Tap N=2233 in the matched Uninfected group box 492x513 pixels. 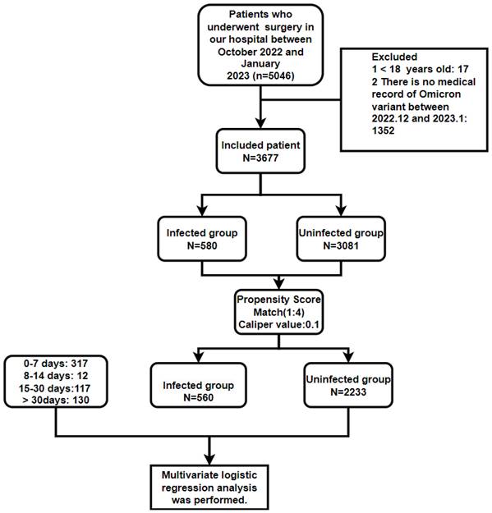[x=350, y=392]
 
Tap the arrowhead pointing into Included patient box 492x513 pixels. [x=260, y=124]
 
